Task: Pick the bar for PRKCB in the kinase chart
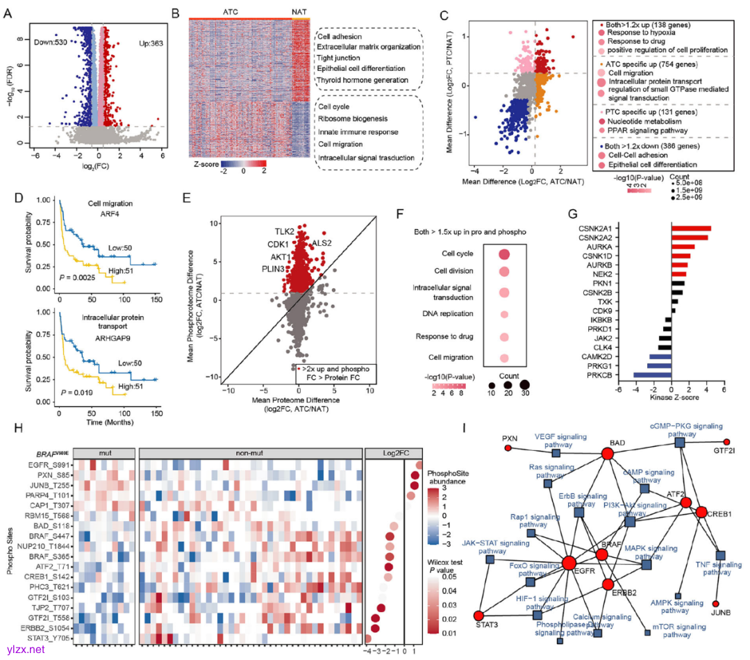tap(652, 374)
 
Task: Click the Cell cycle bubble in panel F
tap(503, 255)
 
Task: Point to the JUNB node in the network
tap(716, 604)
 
